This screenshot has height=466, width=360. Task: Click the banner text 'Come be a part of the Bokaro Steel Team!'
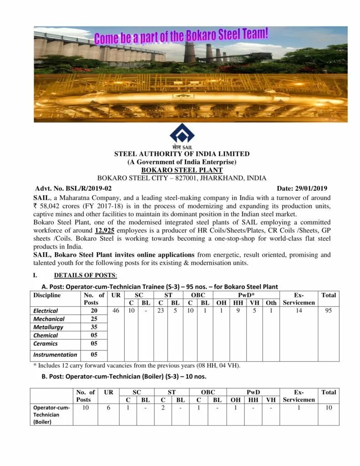click(x=181, y=36)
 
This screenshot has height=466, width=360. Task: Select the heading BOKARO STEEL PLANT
click(x=182, y=170)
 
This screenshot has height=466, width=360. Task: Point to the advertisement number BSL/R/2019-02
click(x=86, y=188)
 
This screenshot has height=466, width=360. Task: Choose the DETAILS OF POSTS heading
click(x=85, y=275)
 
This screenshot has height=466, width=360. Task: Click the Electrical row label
click(x=46, y=311)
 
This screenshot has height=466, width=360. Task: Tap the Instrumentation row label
click(x=55, y=355)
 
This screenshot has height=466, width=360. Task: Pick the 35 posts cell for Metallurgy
click(x=94, y=327)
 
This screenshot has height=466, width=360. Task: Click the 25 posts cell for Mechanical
click(x=94, y=319)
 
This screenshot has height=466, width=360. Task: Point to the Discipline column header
click(x=47, y=295)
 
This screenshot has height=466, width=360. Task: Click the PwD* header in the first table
click(x=246, y=295)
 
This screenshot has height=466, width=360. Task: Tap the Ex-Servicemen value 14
click(x=299, y=311)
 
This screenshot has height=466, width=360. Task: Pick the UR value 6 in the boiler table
click(x=108, y=408)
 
